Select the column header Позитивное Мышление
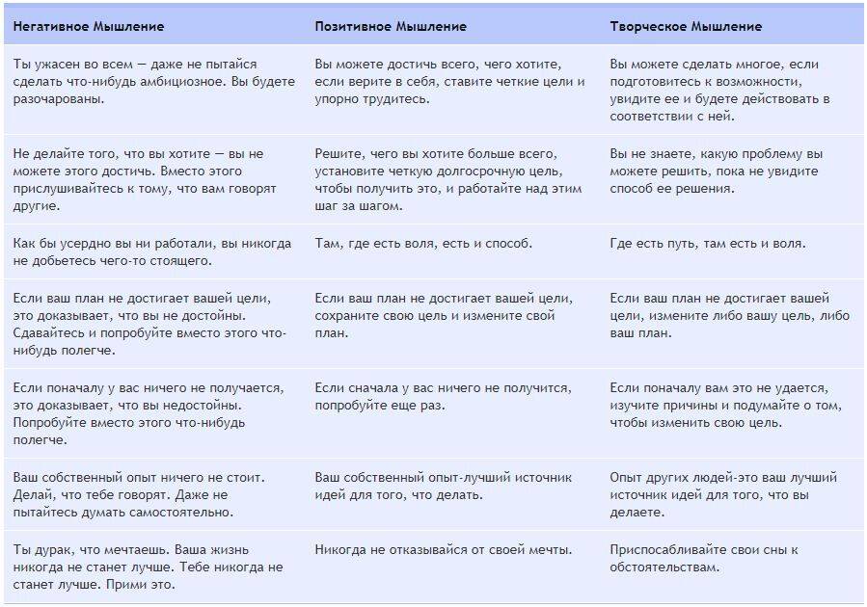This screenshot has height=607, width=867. point(390,26)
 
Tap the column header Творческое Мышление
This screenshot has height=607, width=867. point(686,26)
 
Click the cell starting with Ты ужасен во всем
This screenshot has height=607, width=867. point(154,81)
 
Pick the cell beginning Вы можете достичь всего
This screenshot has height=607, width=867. point(449,81)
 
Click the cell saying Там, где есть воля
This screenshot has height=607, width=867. point(423,244)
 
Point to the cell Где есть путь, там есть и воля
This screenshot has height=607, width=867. point(707,244)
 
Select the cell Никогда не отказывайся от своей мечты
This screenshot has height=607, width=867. point(443,550)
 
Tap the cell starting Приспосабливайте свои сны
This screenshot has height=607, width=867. point(703,559)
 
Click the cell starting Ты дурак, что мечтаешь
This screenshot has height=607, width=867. point(149,567)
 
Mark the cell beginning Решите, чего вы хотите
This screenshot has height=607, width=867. point(449,179)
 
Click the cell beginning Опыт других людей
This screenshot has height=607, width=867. point(723,494)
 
